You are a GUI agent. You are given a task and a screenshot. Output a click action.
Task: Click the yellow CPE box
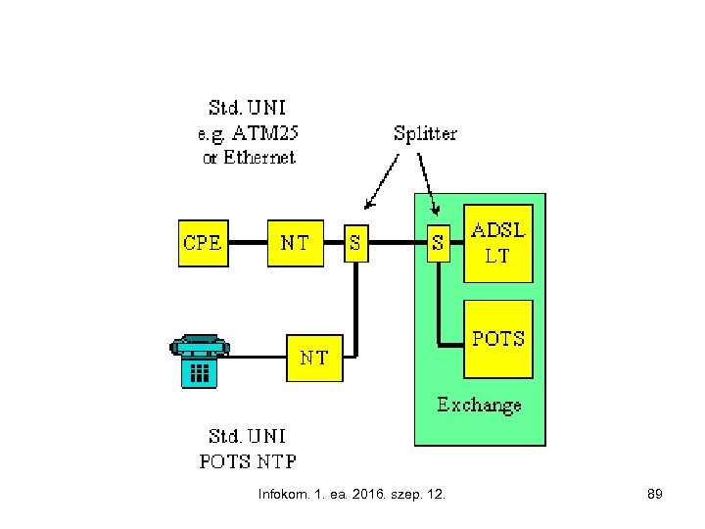pos(202,242)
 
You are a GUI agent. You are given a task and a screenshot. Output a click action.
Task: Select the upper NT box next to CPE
pos(295,242)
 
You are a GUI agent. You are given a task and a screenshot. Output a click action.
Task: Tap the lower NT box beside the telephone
pos(313,357)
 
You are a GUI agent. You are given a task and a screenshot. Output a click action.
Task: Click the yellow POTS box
pos(498,339)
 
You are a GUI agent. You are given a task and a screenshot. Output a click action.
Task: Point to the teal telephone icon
pos(199,360)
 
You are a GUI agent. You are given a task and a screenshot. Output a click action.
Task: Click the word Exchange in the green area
pos(479,404)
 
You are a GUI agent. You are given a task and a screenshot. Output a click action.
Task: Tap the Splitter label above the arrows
pos(425,132)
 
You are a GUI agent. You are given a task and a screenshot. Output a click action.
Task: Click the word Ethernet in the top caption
pos(258,157)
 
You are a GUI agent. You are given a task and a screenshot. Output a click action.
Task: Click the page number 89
pos(655,495)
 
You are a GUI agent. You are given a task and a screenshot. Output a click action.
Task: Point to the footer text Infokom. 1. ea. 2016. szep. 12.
pos(352,495)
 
